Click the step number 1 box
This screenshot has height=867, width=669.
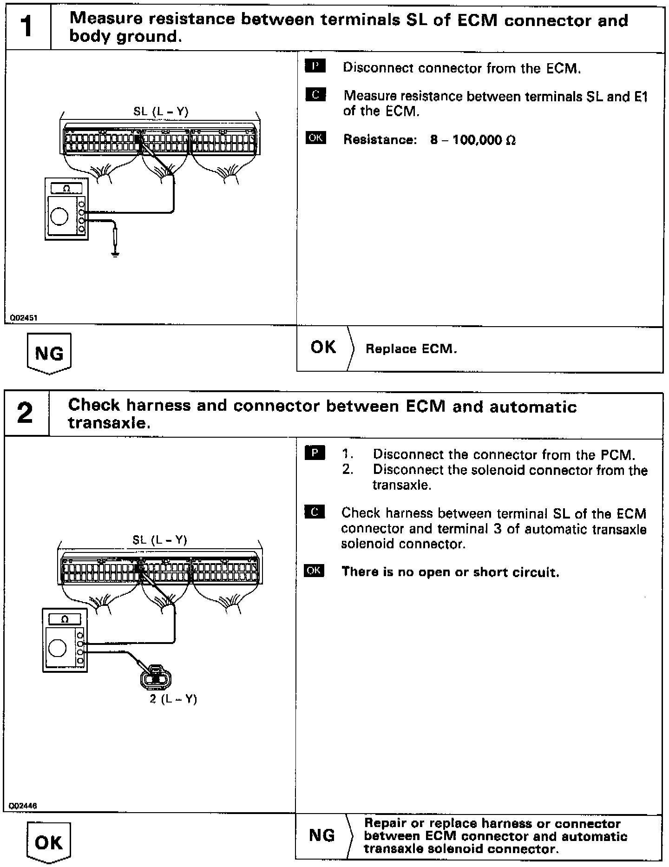click(x=27, y=28)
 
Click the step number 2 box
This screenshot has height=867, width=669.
click(x=26, y=414)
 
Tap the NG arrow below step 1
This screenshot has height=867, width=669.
click(x=49, y=354)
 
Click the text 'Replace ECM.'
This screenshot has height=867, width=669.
click(x=411, y=349)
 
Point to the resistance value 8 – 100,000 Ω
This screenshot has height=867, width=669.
click(x=472, y=140)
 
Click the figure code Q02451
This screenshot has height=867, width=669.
click(x=21, y=318)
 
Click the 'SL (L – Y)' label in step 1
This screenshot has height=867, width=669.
click(x=161, y=112)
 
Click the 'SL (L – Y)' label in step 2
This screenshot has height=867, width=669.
click(x=160, y=539)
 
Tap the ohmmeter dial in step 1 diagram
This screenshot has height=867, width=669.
click(x=59, y=216)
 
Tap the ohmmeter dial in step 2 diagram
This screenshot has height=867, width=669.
click(x=58, y=648)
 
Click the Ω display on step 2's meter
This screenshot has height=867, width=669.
click(x=65, y=619)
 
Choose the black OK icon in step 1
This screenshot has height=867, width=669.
click(x=315, y=138)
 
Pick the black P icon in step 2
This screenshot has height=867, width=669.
click(x=315, y=453)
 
